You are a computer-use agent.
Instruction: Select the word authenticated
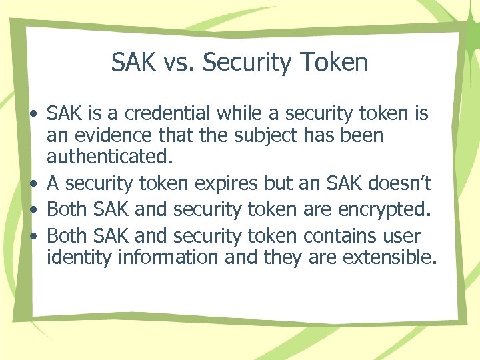tap(109, 158)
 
